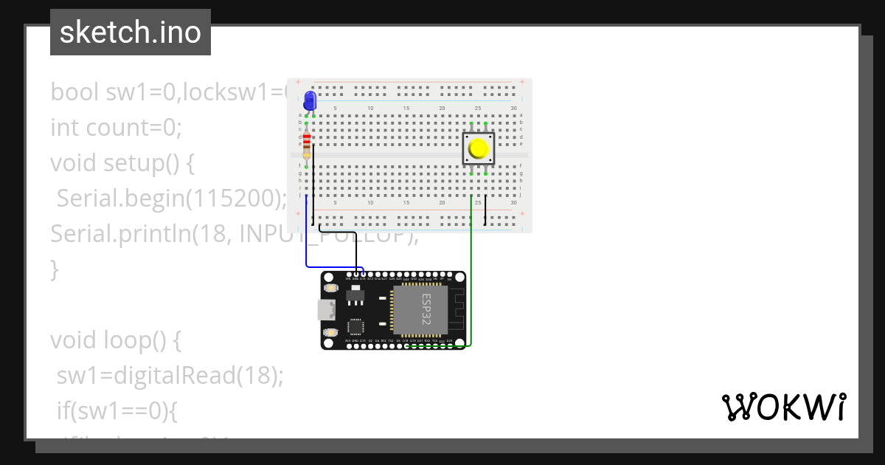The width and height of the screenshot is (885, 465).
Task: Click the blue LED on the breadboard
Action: click(x=310, y=100)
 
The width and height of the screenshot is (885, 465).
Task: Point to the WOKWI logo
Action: click(x=783, y=407)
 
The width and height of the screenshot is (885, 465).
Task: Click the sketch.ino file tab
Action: click(x=131, y=32)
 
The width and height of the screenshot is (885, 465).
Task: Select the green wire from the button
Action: click(x=471, y=273)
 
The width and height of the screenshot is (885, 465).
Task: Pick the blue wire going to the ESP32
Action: click(x=307, y=236)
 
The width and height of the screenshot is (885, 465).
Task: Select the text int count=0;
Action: click(x=116, y=128)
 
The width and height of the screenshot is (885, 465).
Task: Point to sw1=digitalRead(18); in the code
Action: click(x=170, y=376)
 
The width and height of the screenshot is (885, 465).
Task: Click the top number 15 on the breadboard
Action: click(x=406, y=108)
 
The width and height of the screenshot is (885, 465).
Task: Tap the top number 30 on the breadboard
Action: click(x=513, y=108)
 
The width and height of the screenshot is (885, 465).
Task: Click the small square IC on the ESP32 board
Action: click(x=355, y=327)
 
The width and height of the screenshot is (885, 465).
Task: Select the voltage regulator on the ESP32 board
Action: click(x=355, y=297)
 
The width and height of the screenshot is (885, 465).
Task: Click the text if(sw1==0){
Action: click(x=117, y=410)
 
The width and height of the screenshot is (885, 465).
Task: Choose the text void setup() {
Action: click(x=122, y=163)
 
